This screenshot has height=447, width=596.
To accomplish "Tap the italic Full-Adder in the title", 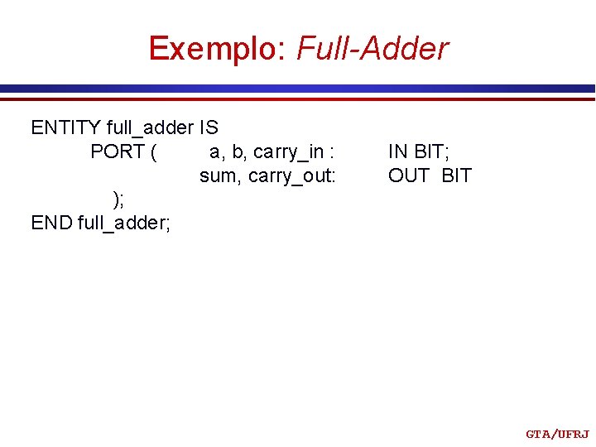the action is tap(372, 49).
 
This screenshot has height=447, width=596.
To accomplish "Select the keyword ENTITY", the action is tap(66, 127).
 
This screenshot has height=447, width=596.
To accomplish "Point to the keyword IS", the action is tap(209, 127).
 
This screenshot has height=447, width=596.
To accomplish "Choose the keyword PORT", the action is tap(118, 151).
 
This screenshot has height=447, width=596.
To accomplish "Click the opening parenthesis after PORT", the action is tap(156, 152).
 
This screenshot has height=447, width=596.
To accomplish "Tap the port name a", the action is tap(215, 152).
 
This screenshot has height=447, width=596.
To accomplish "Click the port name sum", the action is tap(218, 175).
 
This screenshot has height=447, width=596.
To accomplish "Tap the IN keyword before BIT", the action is tap(398, 151).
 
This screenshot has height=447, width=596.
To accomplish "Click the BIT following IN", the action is tap(431, 151).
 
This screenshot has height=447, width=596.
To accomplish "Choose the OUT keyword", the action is tap(409, 175).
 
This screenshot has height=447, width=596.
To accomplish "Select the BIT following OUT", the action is tap(456, 175).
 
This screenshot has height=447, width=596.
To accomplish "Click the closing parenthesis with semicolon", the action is tap(118, 199).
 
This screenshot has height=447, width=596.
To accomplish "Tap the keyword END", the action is tap(51, 223).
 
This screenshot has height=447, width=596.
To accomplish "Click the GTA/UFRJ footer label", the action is tap(557, 434).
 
